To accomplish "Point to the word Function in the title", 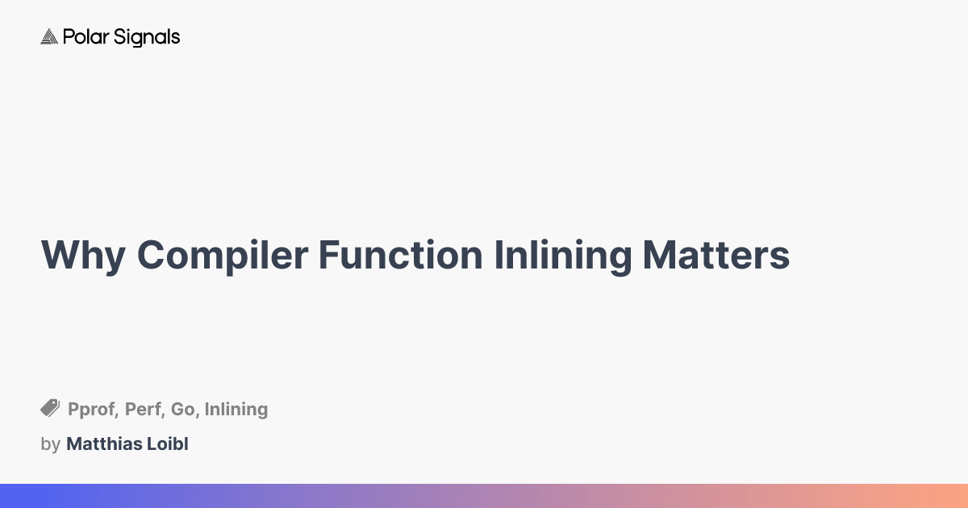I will (400, 255).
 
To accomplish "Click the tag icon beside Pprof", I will (50, 409).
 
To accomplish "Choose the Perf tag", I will (142, 410).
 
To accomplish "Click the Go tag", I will (183, 410).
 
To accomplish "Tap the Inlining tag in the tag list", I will (236, 410).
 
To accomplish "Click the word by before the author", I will (50, 444).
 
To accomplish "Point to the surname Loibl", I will (166, 443).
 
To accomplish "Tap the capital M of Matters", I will (658, 255).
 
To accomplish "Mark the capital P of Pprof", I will (73, 410).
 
